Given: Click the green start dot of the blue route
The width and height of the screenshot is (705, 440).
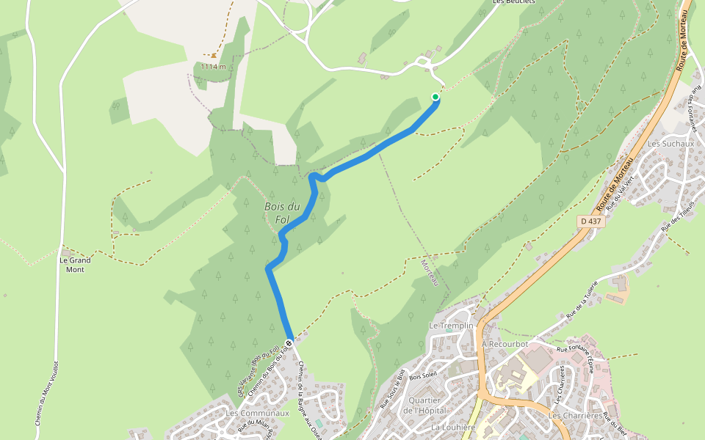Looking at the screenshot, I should point(435,97).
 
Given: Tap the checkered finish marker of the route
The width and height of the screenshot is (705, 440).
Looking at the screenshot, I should point(290,342).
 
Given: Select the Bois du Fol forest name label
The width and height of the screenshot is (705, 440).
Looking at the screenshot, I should point(282,213).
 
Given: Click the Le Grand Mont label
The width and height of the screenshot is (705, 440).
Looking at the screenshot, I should point(75,265).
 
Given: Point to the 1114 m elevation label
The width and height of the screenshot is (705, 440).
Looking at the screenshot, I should point(213,67).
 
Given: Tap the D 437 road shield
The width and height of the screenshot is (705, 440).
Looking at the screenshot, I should point(591,221).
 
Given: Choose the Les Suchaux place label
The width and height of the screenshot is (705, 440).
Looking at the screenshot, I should point(666,144).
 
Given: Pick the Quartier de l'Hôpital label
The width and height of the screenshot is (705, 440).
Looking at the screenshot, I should point(424,406).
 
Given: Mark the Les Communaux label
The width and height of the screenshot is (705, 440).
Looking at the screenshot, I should point(258,413).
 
